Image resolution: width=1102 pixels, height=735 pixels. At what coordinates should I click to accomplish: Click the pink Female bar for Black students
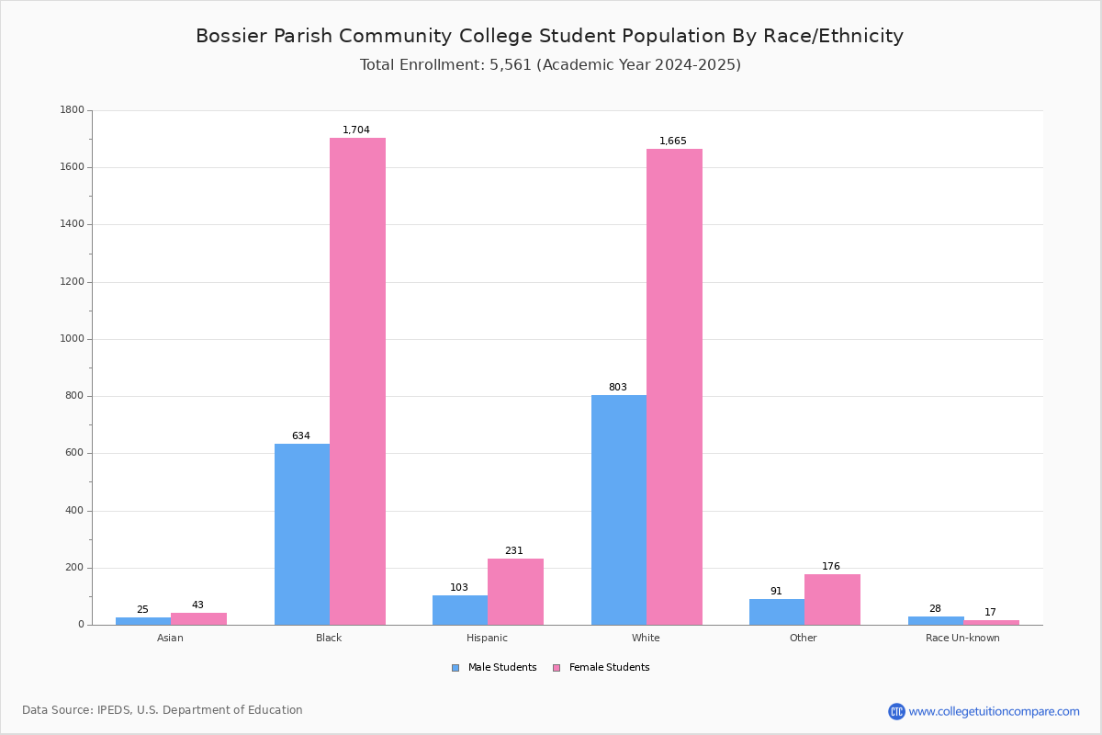point(357,381)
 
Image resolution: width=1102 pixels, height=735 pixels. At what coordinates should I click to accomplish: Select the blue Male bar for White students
point(618,510)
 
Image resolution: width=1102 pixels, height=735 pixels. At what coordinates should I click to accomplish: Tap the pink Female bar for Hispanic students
point(515,592)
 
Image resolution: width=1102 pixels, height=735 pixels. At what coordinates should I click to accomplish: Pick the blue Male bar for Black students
point(301,534)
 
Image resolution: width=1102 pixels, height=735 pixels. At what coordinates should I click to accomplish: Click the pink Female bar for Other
point(832,599)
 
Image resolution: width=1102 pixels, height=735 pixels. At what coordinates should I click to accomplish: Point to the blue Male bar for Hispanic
point(459,610)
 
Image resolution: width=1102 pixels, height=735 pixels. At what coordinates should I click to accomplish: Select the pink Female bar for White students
point(674,387)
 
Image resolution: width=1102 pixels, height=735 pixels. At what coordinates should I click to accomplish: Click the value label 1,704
point(356,130)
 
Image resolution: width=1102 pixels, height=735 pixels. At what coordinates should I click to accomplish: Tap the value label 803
point(617,388)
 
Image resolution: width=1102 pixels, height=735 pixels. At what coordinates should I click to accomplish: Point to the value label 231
point(513,551)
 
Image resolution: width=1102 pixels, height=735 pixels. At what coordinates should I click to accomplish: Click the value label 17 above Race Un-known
point(990,613)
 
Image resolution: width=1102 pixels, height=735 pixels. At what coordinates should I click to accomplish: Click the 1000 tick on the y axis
point(73,339)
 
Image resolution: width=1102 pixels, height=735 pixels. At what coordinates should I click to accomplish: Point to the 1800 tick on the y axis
point(73,110)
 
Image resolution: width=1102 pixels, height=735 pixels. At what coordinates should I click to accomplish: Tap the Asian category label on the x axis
point(170,638)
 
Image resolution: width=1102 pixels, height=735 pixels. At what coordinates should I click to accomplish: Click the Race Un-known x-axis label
point(962,638)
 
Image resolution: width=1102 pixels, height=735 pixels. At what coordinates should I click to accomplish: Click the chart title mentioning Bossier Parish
point(549,37)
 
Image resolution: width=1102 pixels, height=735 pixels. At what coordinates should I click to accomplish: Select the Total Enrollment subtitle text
point(550,65)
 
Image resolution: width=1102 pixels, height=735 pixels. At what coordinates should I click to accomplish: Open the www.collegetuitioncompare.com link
point(993,711)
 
